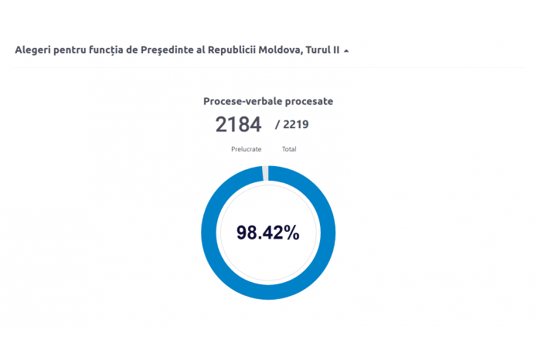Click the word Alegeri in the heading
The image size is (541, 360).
pos(32,50)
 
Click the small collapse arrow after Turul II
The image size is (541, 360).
pos(346,51)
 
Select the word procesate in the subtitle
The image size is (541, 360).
pos(308,101)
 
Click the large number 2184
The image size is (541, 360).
pos(238,124)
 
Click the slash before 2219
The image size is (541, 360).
pos(277,124)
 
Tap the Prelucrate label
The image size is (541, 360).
pos(246,149)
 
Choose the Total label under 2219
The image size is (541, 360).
pos(289,149)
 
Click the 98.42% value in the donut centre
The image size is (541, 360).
pos(267,233)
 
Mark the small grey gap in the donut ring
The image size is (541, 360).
pos(266,173)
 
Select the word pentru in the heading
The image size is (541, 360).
pos(70,50)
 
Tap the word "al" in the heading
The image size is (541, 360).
pos(200,50)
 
